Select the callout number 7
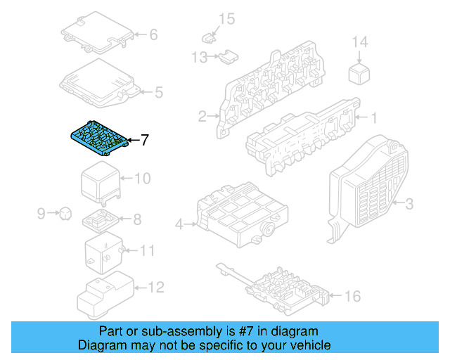[145, 140]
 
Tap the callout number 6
[153, 34]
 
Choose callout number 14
[359, 43]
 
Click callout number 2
[202, 116]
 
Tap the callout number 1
[374, 117]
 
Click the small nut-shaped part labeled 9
[64, 212]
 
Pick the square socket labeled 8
[101, 221]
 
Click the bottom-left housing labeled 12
[102, 295]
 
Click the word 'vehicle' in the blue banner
[307, 345]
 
